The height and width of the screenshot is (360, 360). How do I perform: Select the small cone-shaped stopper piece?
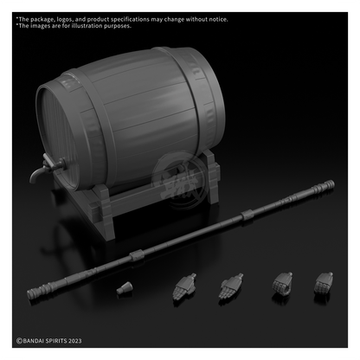click(125, 288)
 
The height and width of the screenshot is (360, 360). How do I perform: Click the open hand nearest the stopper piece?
click(184, 286)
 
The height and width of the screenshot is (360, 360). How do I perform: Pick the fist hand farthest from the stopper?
click(324, 283)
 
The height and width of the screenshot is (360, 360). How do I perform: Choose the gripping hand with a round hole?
click(282, 284)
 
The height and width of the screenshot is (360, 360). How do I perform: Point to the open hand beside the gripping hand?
click(230, 286)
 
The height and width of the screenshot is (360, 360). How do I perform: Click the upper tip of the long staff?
click(334, 183)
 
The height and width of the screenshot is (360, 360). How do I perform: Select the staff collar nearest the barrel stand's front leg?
click(137, 255)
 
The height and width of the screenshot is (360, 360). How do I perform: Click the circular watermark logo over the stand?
click(179, 181)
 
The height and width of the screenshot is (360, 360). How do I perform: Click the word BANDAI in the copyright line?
click(35, 341)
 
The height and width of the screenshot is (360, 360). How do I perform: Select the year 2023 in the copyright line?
click(75, 341)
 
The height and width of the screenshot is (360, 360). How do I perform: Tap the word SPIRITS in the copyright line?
click(57, 341)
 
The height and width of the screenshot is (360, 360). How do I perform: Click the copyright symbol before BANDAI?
click(19, 341)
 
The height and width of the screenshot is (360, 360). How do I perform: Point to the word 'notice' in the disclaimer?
click(218, 19)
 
